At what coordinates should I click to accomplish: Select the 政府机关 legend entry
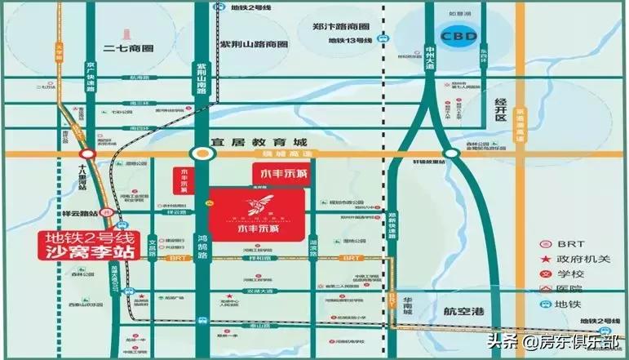583,259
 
